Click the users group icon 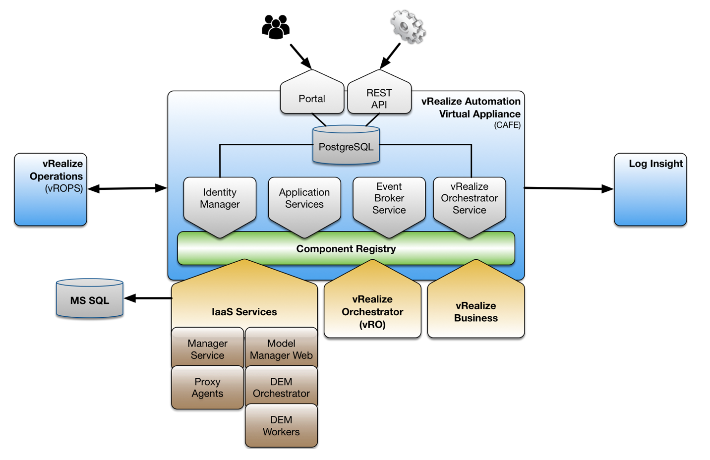[276, 27]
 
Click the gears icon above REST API [408, 27]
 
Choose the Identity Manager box [220, 201]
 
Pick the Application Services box [304, 201]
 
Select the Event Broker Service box [389, 201]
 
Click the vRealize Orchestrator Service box [470, 201]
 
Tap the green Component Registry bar [346, 249]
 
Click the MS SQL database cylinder [90, 299]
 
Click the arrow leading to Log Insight [569, 188]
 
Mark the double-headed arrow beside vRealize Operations [127, 188]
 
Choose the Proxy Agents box [207, 388]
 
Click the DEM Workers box [281, 426]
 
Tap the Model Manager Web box [281, 349]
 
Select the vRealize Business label [475, 312]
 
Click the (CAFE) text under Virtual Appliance [507, 125]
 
